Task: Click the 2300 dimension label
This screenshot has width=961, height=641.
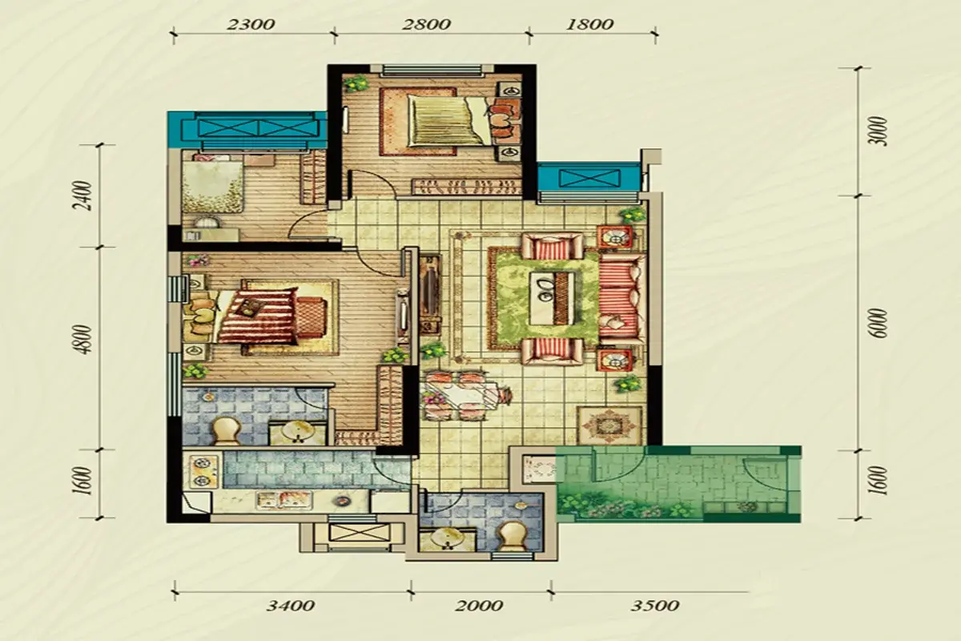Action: pos(251,25)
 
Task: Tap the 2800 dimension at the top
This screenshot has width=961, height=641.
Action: pos(426,25)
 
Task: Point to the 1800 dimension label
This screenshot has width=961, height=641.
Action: pos(589,25)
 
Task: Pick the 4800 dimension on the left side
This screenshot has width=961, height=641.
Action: pos(85,339)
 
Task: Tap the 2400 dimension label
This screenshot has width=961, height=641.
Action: pos(85,196)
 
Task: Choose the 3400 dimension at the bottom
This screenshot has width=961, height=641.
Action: pos(291,607)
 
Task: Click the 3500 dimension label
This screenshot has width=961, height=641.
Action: pos(655,607)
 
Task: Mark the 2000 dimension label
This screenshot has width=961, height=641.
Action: pos(479,607)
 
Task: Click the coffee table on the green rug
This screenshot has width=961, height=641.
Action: pos(552,298)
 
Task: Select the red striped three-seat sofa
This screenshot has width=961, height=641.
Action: pos(622,298)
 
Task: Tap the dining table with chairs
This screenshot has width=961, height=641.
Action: pos(464,396)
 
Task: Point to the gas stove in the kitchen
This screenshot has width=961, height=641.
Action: pos(200,472)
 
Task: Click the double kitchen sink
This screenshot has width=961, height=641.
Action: pos(283,500)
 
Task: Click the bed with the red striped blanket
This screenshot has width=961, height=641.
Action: pos(255,316)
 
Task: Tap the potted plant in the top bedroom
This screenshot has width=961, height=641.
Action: pos(356,83)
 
